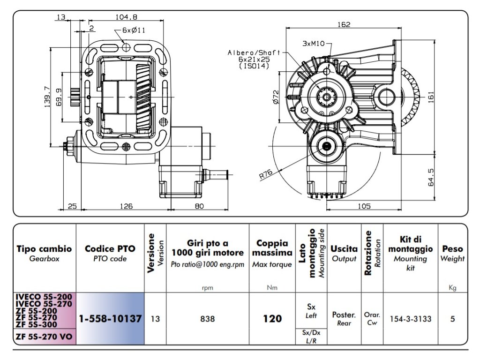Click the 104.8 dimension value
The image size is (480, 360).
tap(126, 17)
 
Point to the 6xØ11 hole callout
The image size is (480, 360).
tap(134, 30)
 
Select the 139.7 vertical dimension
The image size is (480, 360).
tap(47, 97)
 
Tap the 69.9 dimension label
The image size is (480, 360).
tap(59, 97)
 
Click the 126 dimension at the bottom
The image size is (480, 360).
tap(126, 206)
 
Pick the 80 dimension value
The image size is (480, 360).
tap(199, 206)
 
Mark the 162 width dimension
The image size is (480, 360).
tap(344, 24)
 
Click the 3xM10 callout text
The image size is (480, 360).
tap(314, 44)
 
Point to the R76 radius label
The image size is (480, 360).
tap(266, 174)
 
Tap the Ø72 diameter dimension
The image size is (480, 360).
tap(276, 97)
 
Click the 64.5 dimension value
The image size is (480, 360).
tap(431, 177)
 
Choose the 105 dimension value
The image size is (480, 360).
tap(364, 206)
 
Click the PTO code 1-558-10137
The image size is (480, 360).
tap(110, 319)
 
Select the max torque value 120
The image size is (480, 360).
tap(272, 319)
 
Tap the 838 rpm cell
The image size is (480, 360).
tap(208, 319)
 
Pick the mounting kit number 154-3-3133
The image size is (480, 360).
tap(411, 319)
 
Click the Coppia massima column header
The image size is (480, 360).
tap(272, 248)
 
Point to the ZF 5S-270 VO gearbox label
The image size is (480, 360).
tap(44, 337)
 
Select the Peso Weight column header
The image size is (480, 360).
tap(452, 254)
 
